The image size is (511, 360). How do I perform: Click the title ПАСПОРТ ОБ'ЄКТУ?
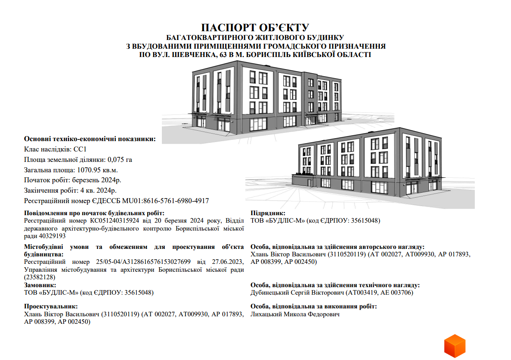pyautogui.click(x=255, y=28)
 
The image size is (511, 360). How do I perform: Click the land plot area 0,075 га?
pyautogui.click(x=120, y=159)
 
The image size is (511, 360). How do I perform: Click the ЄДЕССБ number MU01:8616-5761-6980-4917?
pyautogui.click(x=150, y=201)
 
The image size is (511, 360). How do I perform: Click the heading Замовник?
pyautogui.click(x=40, y=285)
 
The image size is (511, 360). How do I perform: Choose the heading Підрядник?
pyautogui.click(x=268, y=213)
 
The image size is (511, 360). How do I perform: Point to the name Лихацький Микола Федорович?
pyautogui.click(x=295, y=314)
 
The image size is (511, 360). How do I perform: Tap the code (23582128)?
pyautogui.click(x=40, y=277)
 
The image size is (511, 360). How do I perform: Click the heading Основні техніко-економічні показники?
pyautogui.click(x=90, y=139)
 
